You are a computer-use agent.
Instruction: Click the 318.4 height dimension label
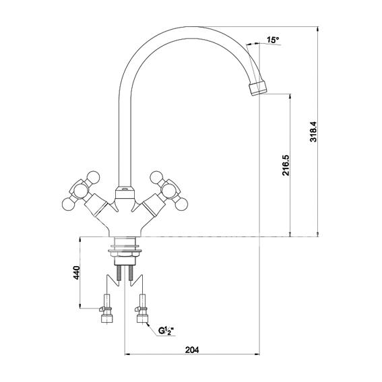point(313,131)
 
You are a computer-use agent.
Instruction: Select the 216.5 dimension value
point(286,165)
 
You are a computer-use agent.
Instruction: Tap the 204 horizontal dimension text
point(192,350)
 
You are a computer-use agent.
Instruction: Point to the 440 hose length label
point(77,273)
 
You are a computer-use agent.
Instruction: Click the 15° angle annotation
point(273,40)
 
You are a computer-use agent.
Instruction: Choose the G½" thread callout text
point(166,331)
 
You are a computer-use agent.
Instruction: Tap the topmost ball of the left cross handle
point(94,177)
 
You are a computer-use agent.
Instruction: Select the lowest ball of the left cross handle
point(69,204)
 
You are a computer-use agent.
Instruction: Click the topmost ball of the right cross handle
point(156,177)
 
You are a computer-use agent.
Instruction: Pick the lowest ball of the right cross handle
point(181,204)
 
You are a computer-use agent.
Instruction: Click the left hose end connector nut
point(107,319)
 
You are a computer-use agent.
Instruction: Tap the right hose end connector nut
point(142,319)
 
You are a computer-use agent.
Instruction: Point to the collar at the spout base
point(125,193)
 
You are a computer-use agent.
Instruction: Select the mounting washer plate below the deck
point(125,251)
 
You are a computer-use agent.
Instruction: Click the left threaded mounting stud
point(119,273)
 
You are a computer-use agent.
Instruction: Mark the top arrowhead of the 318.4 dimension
point(317,29)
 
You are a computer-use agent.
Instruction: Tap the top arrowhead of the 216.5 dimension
point(290,96)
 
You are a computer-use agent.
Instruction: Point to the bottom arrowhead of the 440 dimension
point(80,306)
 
